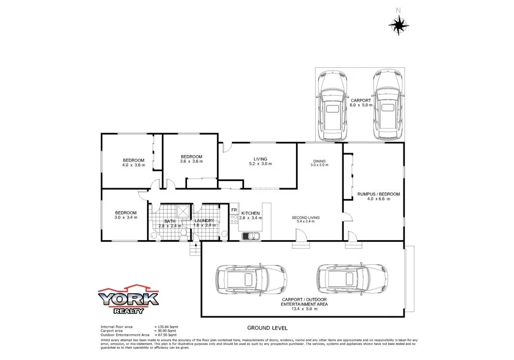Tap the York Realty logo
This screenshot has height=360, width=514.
(128, 299)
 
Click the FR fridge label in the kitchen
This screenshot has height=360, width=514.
(234, 210)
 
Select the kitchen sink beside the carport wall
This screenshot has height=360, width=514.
(252, 236)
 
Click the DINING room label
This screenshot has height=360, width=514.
(320, 161)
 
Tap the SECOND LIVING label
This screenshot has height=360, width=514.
(306, 218)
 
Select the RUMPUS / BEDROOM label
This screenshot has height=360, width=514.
(378, 194)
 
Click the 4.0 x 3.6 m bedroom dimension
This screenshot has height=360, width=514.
(133, 166)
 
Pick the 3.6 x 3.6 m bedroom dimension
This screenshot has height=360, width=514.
(192, 161)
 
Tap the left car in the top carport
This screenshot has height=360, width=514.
(333, 106)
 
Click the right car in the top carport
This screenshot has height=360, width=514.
(388, 106)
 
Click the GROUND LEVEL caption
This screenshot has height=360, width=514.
(267, 328)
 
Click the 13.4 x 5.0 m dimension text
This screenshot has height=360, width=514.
(303, 310)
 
